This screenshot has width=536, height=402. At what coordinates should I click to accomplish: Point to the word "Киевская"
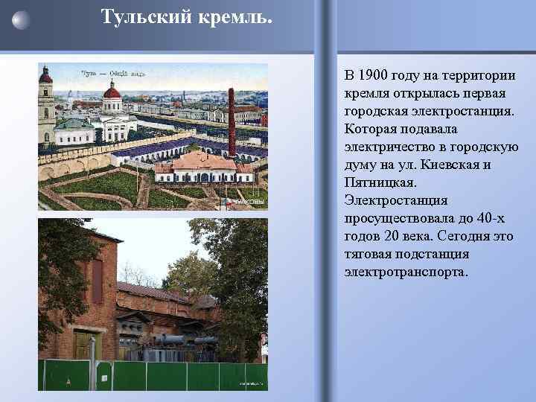tap(450, 165)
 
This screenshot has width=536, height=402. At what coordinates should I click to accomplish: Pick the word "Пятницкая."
tap(380, 182)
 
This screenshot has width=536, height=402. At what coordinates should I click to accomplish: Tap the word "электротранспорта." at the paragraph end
tap(406, 272)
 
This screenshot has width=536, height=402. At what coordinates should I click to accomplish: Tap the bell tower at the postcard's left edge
tap(46, 104)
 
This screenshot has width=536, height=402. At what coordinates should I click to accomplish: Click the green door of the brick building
tap(83, 346)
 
